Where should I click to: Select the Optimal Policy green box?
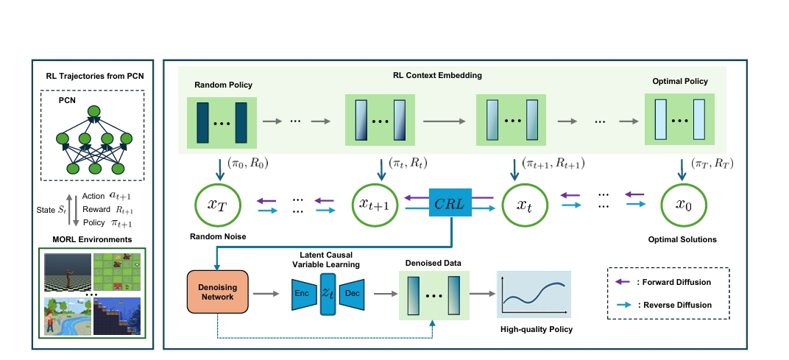click(x=680, y=119)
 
